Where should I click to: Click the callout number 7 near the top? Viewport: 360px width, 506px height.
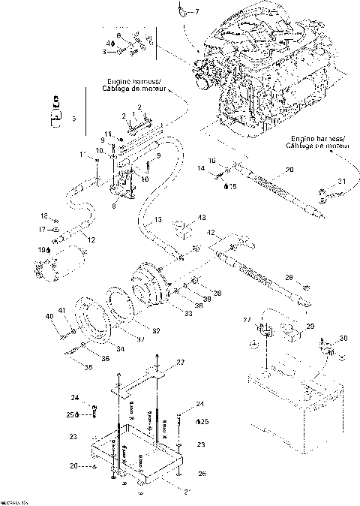198,12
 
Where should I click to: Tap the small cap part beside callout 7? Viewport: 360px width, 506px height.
184,11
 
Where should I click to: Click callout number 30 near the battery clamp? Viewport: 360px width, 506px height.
343,339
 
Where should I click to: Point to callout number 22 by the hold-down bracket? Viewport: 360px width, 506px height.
181,363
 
